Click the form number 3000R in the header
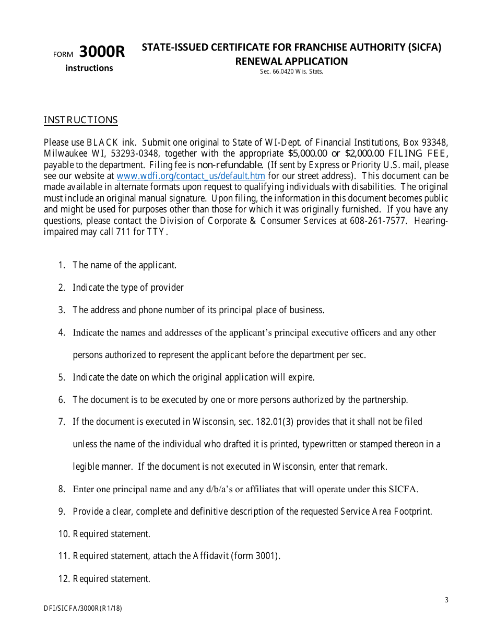pos(102,52)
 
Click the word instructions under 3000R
pos(89,68)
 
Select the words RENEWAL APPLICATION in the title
pos(291,61)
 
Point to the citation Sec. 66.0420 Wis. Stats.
pos(291,72)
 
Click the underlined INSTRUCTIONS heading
pos(80,120)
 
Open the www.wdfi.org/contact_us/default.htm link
pos(191,176)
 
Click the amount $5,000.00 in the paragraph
pos(307,153)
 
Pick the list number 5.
pos(62,377)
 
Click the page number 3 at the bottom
pos(446,600)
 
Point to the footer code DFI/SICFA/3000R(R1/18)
pos(83,608)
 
